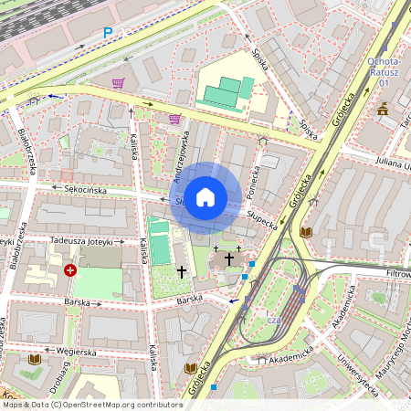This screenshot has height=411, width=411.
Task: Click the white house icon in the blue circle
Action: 205,197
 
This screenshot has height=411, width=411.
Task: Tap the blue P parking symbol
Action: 108,33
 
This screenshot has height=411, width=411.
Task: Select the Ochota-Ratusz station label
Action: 385,72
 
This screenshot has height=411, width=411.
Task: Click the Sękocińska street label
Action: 86,190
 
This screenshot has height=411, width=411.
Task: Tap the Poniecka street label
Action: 258,169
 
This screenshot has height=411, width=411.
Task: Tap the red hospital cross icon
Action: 71,271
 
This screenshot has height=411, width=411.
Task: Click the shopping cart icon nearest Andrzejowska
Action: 174,119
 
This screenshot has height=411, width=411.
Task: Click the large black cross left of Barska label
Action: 181,271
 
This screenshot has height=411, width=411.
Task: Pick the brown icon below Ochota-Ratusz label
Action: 382,109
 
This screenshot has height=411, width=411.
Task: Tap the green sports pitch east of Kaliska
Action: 161,246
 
